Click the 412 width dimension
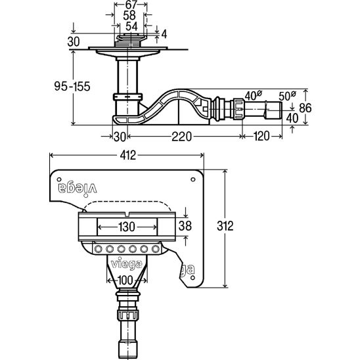128,156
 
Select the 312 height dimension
225,226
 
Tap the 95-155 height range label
72,86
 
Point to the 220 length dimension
181,137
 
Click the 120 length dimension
261,136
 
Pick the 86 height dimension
305,108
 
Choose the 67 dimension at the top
131,5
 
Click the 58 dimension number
129,16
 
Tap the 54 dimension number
131,26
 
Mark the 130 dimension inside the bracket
127,227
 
